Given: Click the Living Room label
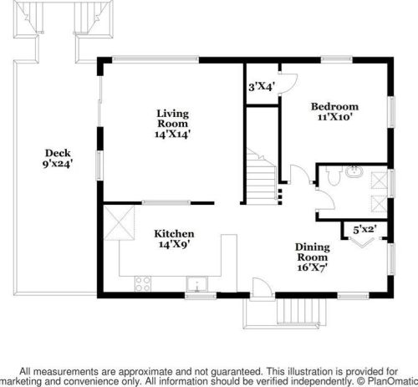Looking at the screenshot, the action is (x=173, y=124).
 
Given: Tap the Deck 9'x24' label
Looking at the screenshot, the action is (x=58, y=158).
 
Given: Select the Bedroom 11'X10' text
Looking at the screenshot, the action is (x=334, y=111).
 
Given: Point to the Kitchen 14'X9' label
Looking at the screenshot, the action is (x=174, y=239).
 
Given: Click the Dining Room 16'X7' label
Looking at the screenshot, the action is (x=313, y=257).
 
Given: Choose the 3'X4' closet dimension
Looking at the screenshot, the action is (x=262, y=87).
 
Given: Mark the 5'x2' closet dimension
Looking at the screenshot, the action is (x=365, y=230).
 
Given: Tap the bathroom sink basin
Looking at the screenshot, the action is (x=354, y=171).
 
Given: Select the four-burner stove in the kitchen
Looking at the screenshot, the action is (x=143, y=284).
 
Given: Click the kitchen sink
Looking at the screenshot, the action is (x=196, y=284).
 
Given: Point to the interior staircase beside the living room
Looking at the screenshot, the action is (x=262, y=176).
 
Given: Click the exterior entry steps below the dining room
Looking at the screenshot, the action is (x=302, y=312).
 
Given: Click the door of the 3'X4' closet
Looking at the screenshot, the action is (x=288, y=84).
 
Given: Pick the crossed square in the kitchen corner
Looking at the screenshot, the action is (x=119, y=223).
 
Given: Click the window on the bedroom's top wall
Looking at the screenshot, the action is (x=337, y=59).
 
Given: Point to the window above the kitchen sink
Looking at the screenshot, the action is (x=201, y=295).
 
